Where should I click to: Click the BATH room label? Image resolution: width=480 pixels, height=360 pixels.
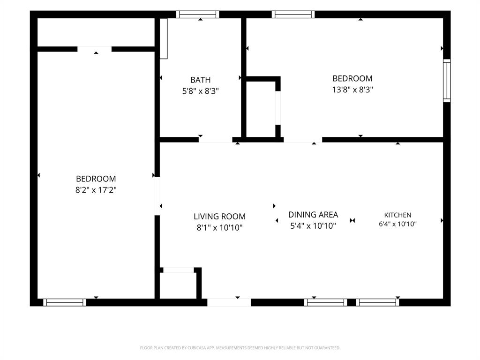point(201,80)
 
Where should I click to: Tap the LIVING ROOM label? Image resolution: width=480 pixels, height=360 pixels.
point(219,217)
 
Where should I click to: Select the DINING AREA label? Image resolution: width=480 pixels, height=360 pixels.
point(313,215)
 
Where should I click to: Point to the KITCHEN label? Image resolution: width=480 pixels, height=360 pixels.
point(397,215)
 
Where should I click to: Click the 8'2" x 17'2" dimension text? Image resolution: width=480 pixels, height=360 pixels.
point(96,190)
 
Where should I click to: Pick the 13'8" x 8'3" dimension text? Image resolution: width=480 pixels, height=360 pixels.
point(352,90)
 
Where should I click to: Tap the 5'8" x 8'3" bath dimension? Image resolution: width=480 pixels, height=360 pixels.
point(201,91)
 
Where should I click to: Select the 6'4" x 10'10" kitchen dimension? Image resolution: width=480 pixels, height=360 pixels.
point(397,224)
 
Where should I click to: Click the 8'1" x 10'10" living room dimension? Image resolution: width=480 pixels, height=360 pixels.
point(219,228)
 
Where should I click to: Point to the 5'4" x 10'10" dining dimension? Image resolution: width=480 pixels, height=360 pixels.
point(313,226)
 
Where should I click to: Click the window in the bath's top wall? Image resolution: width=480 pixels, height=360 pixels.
point(198,15)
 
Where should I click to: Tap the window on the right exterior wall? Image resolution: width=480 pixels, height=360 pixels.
point(447,81)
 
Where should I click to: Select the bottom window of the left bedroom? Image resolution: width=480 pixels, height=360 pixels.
point(65,302)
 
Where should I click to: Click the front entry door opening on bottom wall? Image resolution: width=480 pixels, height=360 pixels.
point(229,302)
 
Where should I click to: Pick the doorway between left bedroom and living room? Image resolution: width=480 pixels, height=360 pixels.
point(157,196)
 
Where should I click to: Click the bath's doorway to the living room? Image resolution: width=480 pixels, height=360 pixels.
point(216,140)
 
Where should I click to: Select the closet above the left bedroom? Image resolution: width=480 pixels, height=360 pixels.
point(96,32)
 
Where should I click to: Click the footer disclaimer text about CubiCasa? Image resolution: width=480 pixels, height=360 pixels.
point(240,348)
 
